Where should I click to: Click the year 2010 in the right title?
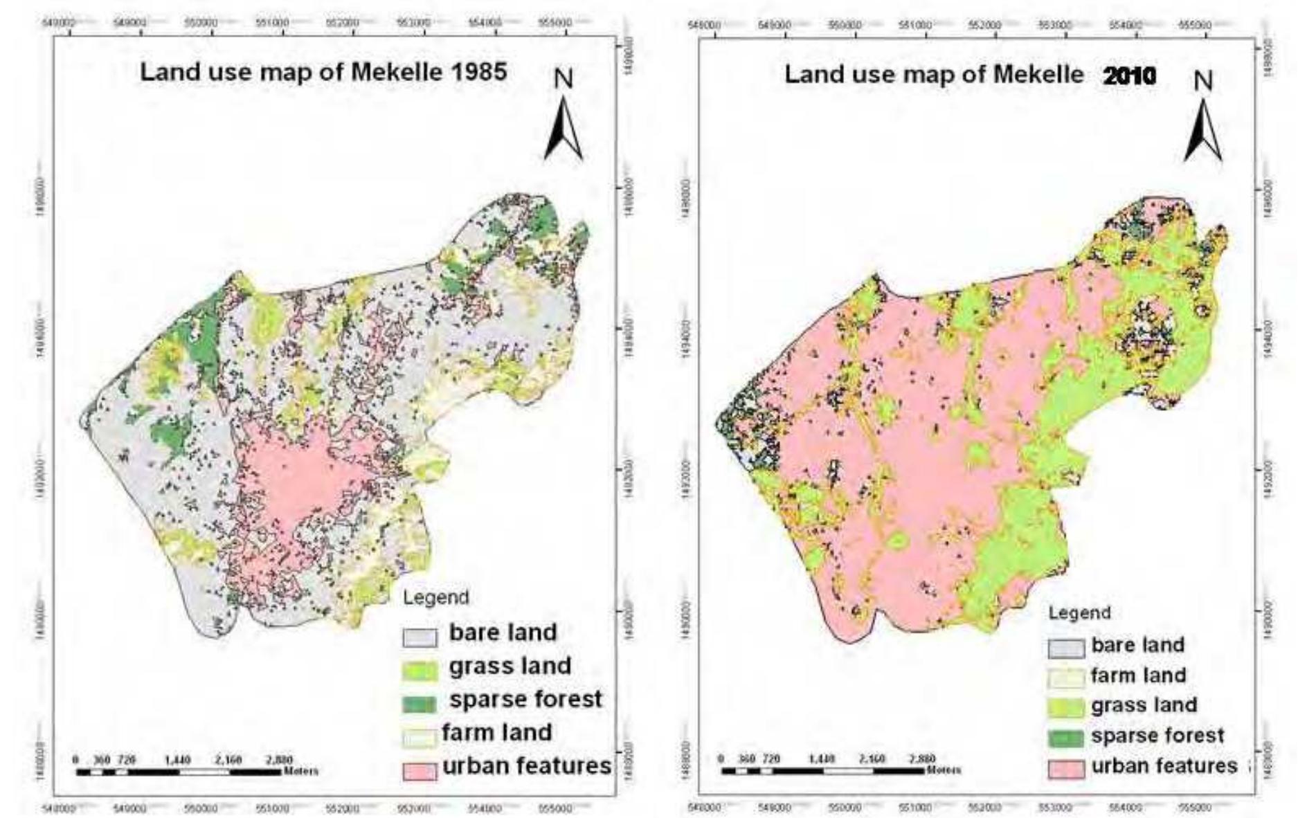pos(1129,75)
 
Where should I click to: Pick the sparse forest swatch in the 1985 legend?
pos(420,705)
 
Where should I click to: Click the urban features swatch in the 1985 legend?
pos(420,771)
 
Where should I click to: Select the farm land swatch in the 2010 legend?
pos(1065,678)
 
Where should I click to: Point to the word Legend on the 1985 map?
pos(435,597)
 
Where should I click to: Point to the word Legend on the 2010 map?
pos(1079,612)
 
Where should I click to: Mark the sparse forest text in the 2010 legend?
pos(1157,736)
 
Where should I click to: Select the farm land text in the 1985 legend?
pos(496,732)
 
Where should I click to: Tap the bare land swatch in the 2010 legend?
pos(1065,648)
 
